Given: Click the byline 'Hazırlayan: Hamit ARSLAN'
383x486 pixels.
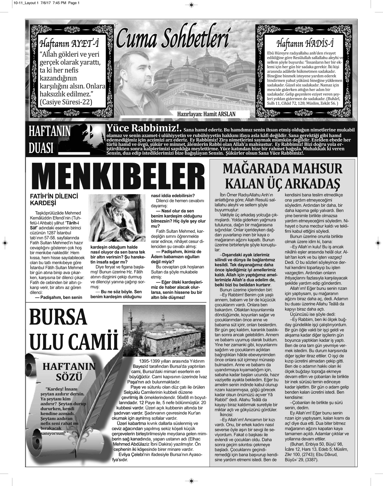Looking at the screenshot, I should [x=211, y=114].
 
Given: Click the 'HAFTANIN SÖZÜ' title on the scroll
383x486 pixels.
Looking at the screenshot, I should [x=69, y=372].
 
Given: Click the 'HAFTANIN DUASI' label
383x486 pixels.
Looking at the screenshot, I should [x=49, y=139].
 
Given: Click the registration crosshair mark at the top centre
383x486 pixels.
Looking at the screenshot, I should [x=191, y=5].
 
